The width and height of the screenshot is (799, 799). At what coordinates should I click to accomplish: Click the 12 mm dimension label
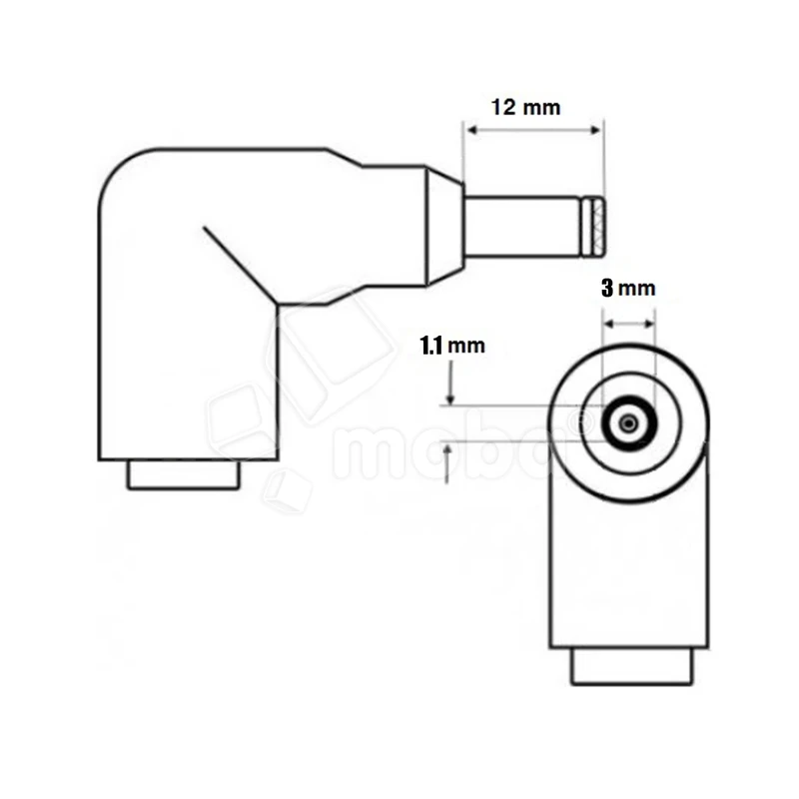click(x=526, y=107)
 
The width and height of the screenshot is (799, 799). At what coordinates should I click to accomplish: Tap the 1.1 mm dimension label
click(x=451, y=347)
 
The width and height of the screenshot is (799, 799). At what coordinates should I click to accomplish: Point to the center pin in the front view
click(x=627, y=424)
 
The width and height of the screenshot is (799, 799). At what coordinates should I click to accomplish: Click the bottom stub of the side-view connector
click(x=184, y=475)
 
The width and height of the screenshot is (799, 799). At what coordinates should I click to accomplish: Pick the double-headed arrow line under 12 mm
click(x=533, y=132)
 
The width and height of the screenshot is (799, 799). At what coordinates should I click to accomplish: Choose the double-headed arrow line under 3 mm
click(x=629, y=324)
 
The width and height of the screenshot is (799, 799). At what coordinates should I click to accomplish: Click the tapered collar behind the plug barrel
click(x=444, y=225)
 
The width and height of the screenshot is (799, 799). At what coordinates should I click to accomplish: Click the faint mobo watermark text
click(x=449, y=449)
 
